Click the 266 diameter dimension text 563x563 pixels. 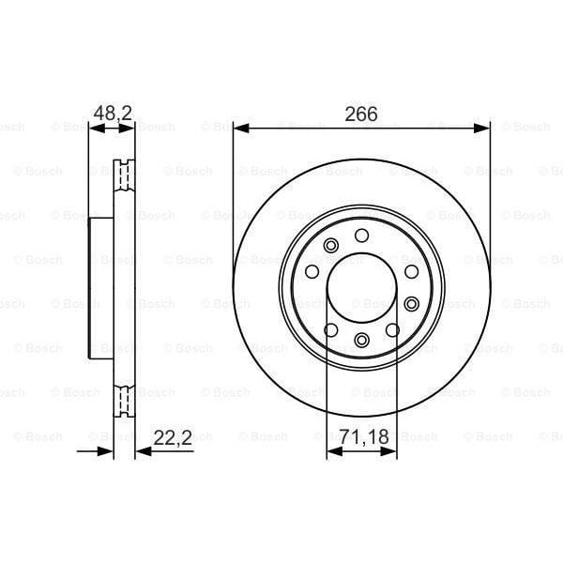pyautogui.click(x=361, y=114)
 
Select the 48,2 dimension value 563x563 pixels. pyautogui.click(x=111, y=114)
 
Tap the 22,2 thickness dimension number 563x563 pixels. pyautogui.click(x=171, y=436)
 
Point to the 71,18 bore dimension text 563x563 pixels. pyautogui.click(x=362, y=436)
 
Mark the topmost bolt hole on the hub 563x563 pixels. pyautogui.click(x=362, y=234)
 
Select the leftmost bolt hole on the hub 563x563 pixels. pyautogui.click(x=310, y=271)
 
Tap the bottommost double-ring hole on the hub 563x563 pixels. pyautogui.click(x=362, y=340)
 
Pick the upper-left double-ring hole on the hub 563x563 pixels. pyautogui.click(x=329, y=246)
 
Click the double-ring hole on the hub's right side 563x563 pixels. pyautogui.click(x=411, y=302)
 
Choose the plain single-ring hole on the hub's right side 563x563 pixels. pyautogui.click(x=411, y=271)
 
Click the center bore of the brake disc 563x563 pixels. pyautogui.click(x=362, y=286)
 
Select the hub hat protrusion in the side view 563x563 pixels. pyautogui.click(x=100, y=286)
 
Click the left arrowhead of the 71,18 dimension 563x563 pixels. pyautogui.click(x=331, y=451)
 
